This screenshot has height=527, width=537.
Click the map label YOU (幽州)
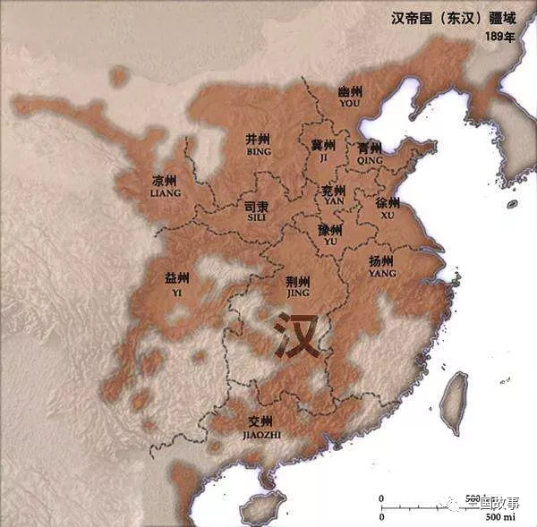(x=350, y=97)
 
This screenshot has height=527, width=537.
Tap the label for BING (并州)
(x=257, y=145)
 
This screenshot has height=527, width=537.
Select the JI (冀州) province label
(x=322, y=150)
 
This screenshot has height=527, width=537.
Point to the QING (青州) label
(x=369, y=153)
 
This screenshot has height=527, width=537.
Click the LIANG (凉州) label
(x=165, y=186)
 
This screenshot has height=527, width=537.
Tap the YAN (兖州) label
(x=334, y=196)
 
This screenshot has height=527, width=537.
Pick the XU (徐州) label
(x=388, y=208)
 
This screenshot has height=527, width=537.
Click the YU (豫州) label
(x=328, y=234)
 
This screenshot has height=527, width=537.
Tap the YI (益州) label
(x=176, y=283)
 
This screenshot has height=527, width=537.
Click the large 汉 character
(x=298, y=336)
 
